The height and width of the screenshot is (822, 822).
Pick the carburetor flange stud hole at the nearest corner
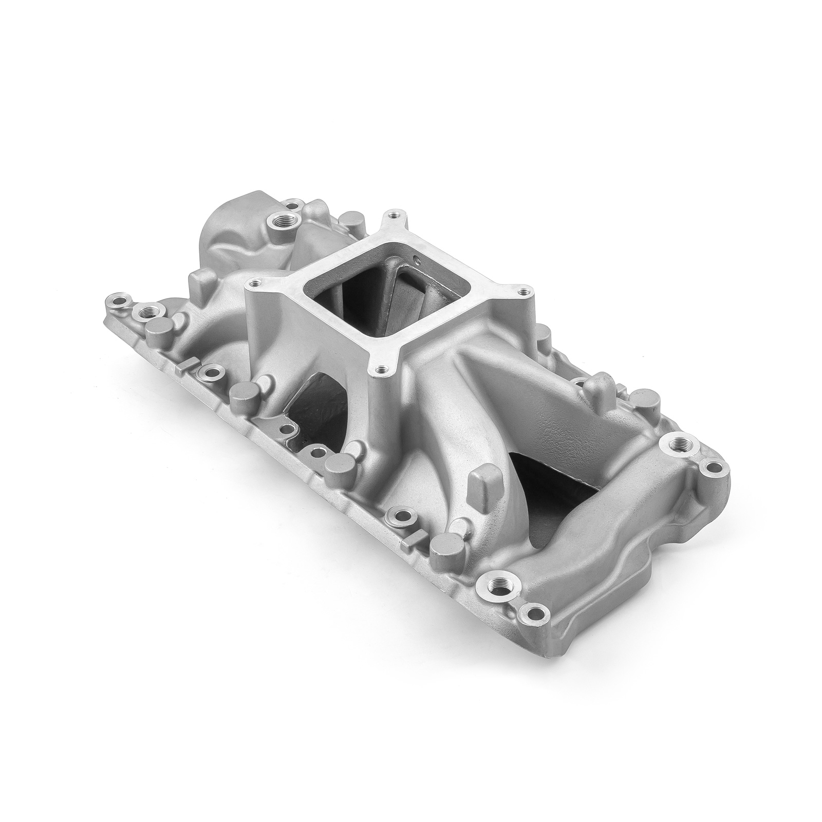pos(380,368)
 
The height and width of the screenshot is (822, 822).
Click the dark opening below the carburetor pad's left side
pos(308,406)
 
